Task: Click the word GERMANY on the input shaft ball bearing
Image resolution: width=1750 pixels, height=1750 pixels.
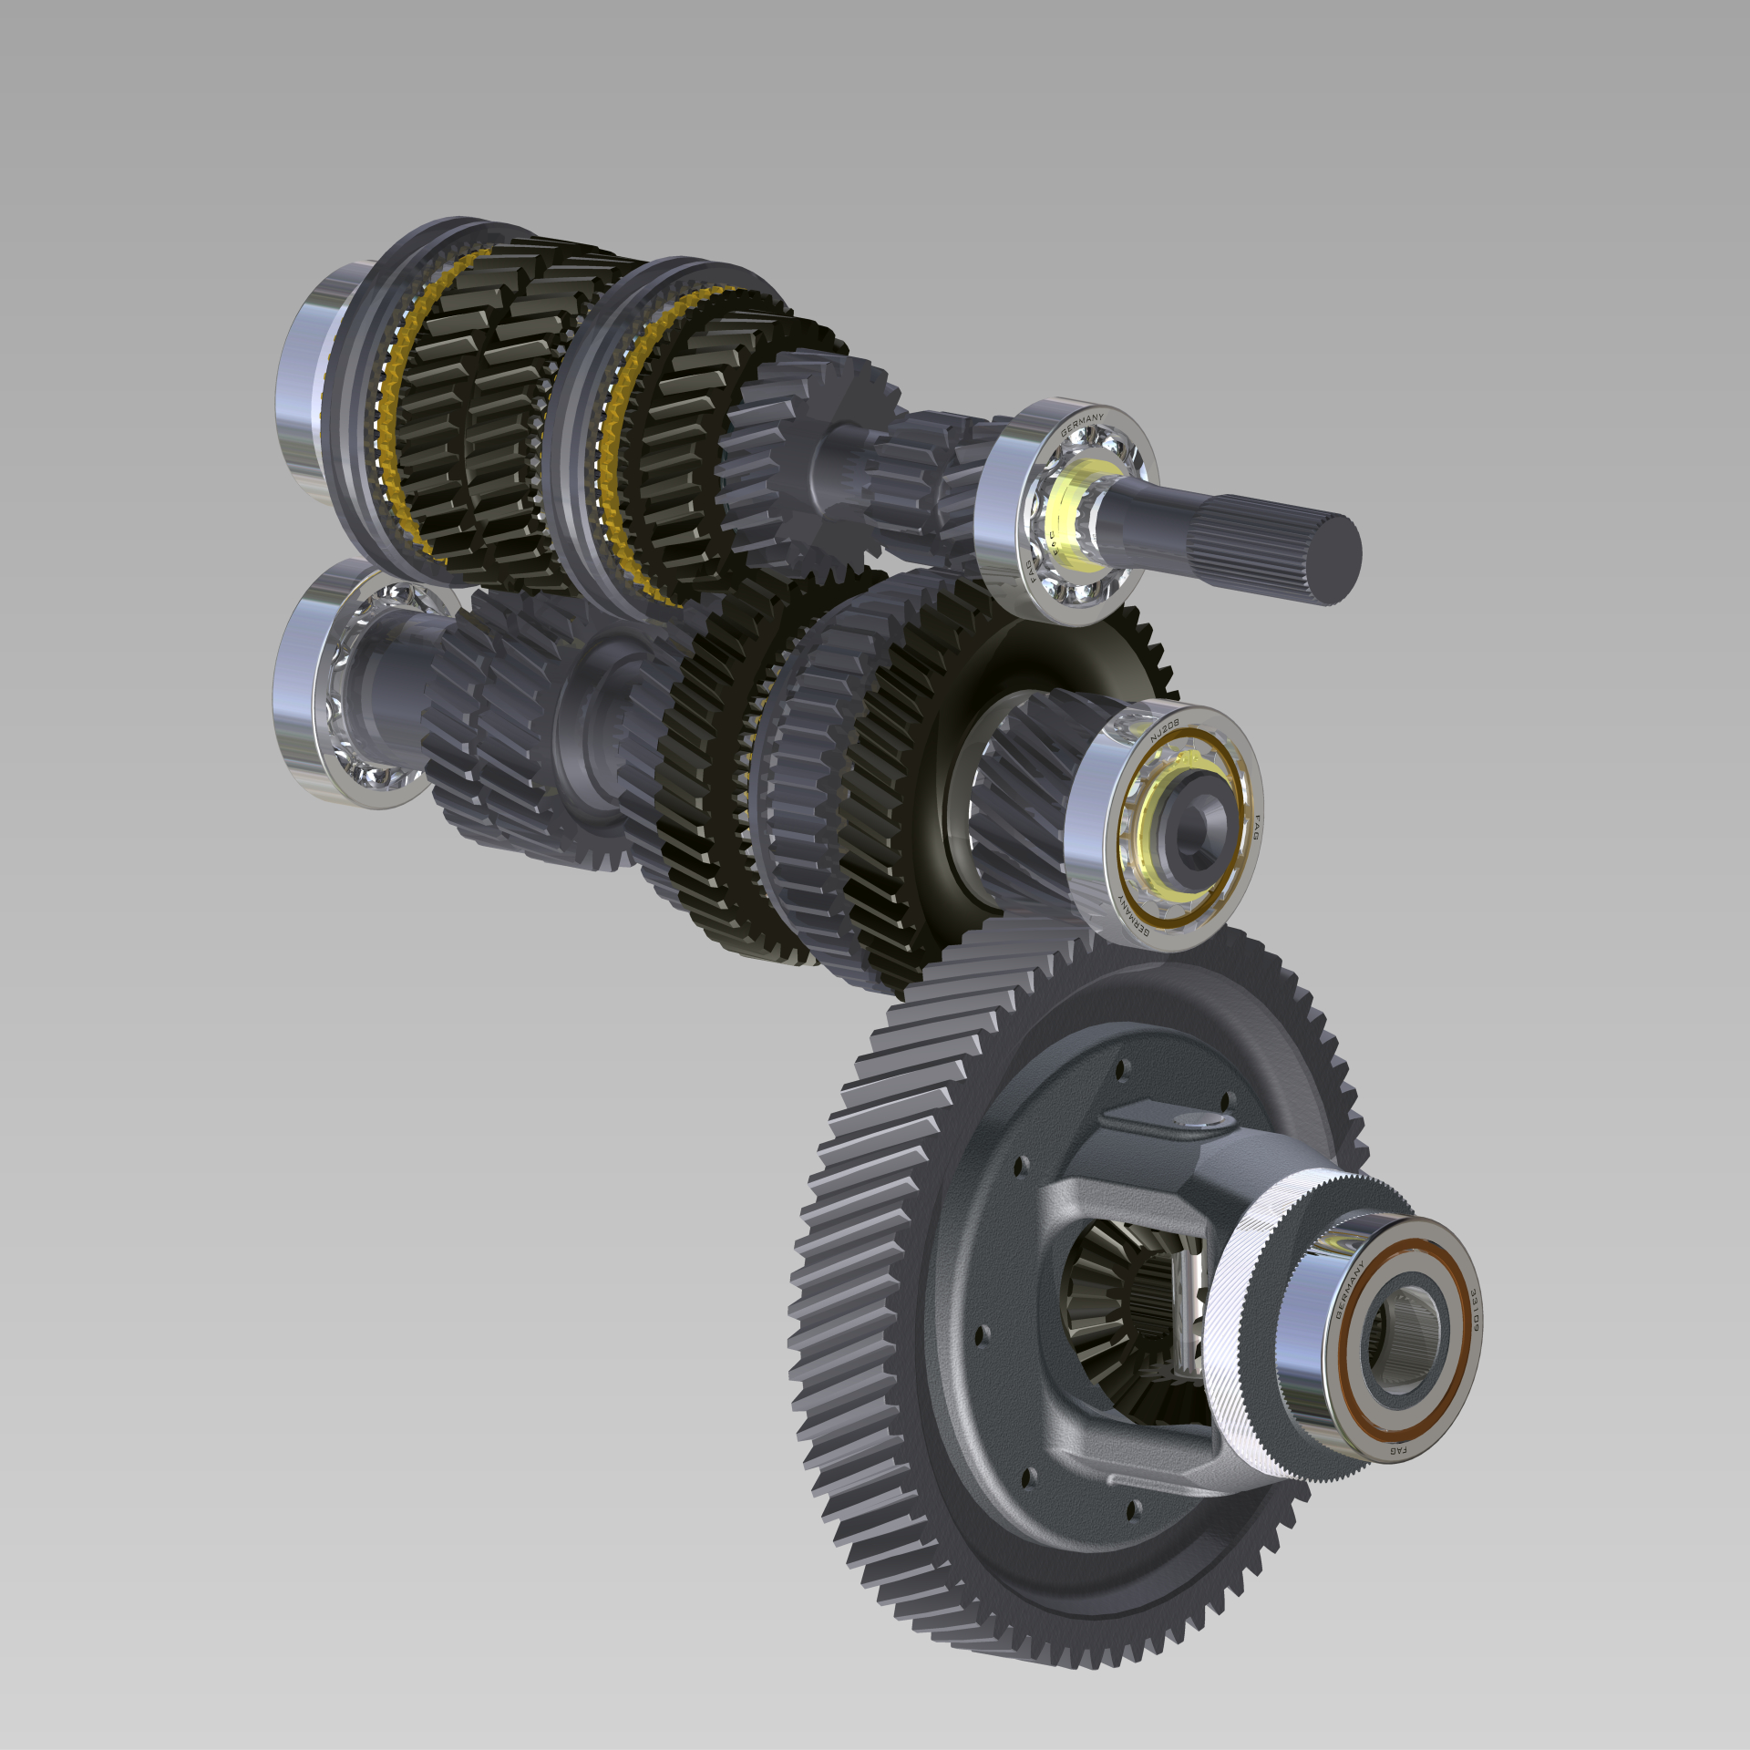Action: click(x=1082, y=423)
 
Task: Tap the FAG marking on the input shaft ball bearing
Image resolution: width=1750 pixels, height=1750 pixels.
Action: click(x=1031, y=573)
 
